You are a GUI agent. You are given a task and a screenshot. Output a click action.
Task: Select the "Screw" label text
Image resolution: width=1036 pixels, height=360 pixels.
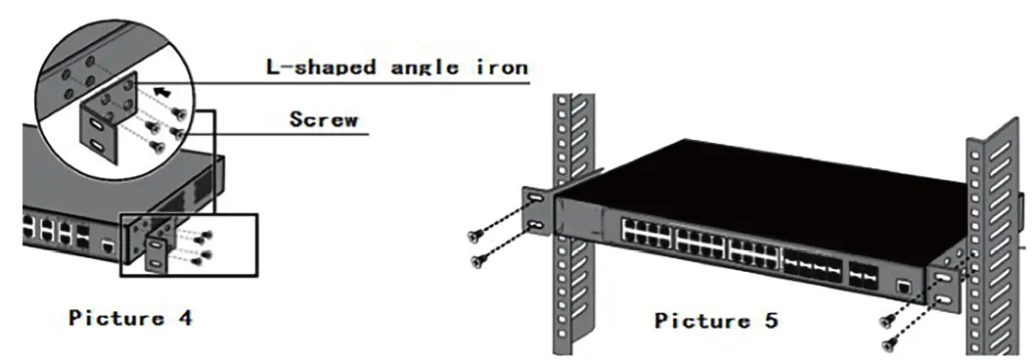pyautogui.click(x=324, y=120)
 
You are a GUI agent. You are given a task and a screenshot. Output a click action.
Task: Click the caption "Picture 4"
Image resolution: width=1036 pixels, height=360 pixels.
pyautogui.click(x=130, y=318)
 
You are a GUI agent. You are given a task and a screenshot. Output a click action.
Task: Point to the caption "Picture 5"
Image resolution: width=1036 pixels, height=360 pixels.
pyautogui.click(x=716, y=320)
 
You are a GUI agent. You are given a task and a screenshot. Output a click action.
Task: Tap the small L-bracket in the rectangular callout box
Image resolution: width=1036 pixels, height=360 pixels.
pyautogui.click(x=157, y=250)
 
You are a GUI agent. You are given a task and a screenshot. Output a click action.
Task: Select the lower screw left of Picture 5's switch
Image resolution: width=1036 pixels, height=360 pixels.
pyautogui.click(x=479, y=260)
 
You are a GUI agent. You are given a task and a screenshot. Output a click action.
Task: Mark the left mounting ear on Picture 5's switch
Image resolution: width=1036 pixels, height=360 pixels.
pyautogui.click(x=539, y=211)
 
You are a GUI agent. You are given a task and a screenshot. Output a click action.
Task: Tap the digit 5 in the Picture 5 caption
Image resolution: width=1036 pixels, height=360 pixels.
pyautogui.click(x=771, y=320)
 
